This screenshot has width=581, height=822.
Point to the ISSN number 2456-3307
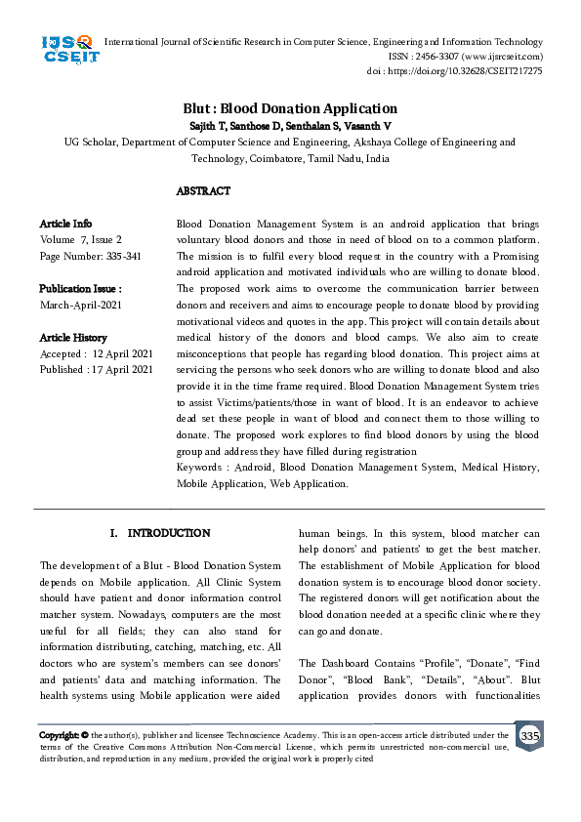(436, 57)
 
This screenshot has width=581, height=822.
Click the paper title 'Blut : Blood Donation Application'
(290, 108)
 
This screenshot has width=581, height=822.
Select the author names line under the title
(290, 125)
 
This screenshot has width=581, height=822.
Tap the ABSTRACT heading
(203, 191)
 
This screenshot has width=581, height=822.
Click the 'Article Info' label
(65, 224)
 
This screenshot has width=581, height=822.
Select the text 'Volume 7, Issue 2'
(81, 239)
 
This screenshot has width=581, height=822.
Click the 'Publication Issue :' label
(80, 289)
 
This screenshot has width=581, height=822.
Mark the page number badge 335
(529, 735)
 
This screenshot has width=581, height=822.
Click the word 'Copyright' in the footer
(59, 735)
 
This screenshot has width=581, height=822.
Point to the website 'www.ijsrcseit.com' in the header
(498, 57)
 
